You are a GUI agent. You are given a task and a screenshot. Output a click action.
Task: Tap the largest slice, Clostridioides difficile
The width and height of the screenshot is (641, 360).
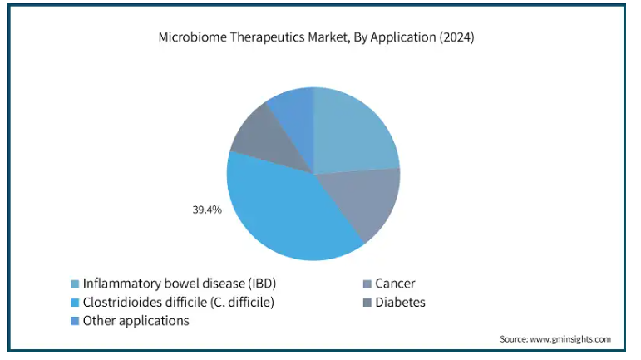click(x=282, y=209)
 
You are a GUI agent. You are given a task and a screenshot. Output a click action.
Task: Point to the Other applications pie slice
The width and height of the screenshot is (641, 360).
click(x=294, y=115)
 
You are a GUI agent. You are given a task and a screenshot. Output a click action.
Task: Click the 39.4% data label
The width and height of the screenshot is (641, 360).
click(x=207, y=210)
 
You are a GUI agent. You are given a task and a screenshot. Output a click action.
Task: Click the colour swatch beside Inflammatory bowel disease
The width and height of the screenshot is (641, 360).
click(x=74, y=284)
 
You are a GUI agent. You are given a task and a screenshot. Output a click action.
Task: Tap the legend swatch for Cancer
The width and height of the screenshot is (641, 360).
click(x=367, y=284)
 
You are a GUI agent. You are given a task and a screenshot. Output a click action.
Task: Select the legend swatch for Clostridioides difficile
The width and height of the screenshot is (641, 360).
click(x=74, y=303)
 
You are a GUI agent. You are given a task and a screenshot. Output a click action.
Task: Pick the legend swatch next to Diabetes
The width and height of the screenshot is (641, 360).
click(x=367, y=303)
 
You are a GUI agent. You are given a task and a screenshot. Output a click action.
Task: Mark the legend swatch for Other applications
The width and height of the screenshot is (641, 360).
click(x=74, y=321)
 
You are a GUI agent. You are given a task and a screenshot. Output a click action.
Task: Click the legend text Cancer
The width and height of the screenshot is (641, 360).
click(x=395, y=284)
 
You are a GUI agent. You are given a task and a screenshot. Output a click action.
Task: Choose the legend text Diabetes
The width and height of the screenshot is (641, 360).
click(x=400, y=303)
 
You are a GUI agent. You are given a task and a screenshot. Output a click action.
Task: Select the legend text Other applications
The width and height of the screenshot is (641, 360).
click(x=136, y=321)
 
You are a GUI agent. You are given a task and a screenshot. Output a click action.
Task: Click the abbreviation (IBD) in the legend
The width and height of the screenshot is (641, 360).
click(x=262, y=284)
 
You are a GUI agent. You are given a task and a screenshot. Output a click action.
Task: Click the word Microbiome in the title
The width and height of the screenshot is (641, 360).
click(x=192, y=37)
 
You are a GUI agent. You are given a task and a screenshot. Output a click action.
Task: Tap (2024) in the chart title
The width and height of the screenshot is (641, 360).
click(x=456, y=37)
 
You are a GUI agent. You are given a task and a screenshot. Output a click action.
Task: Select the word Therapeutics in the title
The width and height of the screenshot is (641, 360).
click(x=267, y=37)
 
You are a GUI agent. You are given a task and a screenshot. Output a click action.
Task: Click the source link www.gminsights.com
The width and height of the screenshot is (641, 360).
click(x=570, y=339)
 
